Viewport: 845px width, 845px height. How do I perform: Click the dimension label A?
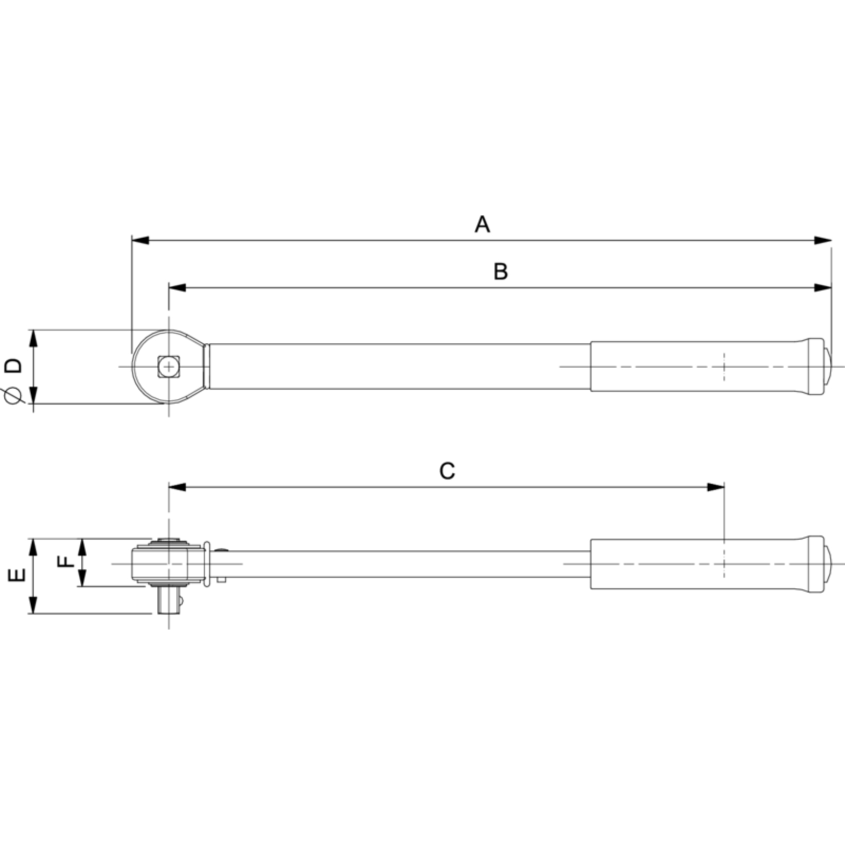click(x=482, y=224)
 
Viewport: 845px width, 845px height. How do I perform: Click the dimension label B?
click(x=501, y=271)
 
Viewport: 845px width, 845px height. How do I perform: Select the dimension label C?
click(x=447, y=471)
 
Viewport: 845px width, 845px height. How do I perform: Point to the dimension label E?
click(x=17, y=575)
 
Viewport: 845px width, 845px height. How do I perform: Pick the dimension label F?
click(x=66, y=561)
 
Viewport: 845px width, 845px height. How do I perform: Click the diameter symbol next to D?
click(x=14, y=397)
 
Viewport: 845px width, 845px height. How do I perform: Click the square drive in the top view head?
click(x=168, y=367)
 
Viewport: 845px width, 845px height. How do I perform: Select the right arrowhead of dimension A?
click(x=823, y=240)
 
